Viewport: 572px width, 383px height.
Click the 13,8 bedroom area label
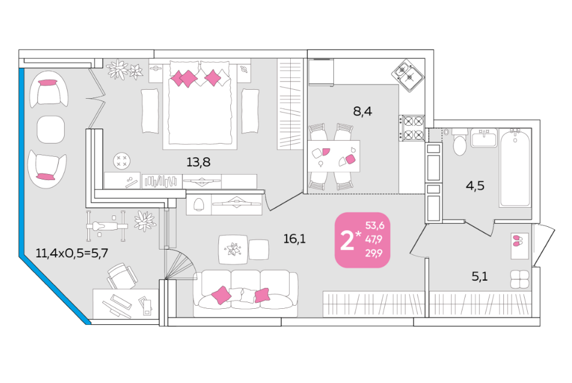[198, 162]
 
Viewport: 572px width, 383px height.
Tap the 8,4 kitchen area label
[362, 111]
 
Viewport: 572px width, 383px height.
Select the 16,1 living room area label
[294, 239]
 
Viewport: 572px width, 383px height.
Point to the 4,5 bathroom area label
[475, 186]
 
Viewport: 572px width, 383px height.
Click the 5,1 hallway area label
[480, 276]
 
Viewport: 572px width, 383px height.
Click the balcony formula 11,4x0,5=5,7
[72, 253]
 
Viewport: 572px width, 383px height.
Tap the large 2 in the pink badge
[347, 241]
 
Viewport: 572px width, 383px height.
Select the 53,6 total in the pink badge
[375, 226]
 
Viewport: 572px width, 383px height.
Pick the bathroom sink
[483, 138]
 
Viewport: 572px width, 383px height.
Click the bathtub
[515, 168]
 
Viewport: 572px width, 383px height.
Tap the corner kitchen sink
[408, 75]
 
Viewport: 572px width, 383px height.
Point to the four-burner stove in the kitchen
[412, 127]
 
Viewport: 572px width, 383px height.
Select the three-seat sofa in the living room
[245, 294]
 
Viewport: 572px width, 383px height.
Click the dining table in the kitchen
[333, 156]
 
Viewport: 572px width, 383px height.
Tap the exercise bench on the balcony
[107, 226]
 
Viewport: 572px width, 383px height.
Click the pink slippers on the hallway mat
[518, 241]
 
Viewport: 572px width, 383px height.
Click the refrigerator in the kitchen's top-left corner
[321, 72]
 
